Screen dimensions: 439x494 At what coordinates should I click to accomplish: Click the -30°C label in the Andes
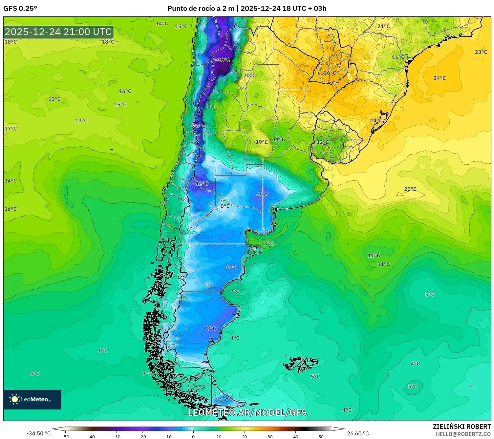(223, 60)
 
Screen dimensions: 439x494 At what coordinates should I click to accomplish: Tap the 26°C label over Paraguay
(330, 73)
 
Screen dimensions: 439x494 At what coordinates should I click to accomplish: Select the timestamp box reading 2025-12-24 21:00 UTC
(58, 32)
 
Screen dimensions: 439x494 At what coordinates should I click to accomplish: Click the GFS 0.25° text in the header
(20, 9)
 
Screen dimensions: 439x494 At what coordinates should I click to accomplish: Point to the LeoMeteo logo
(32, 399)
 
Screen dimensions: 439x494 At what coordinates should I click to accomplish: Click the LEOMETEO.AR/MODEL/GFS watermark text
(247, 412)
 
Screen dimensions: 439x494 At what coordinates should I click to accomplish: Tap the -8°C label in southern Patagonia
(210, 328)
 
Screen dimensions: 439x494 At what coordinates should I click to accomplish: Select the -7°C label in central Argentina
(262, 195)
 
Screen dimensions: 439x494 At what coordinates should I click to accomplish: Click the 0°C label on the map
(225, 206)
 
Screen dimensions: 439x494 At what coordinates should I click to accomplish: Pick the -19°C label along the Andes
(199, 126)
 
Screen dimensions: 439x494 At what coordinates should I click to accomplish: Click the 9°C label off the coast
(269, 243)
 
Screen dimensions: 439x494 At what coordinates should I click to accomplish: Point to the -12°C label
(201, 183)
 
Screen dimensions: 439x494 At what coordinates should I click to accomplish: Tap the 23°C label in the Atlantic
(481, 52)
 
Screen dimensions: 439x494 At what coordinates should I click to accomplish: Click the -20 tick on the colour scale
(142, 436)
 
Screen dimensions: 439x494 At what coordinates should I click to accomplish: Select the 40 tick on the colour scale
(295, 436)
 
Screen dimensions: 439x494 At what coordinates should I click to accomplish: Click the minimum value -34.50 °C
(38, 433)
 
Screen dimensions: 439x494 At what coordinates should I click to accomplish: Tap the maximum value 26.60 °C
(358, 433)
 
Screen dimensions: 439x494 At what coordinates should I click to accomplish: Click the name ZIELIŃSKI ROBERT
(462, 427)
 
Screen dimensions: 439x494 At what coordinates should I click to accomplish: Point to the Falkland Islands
(300, 364)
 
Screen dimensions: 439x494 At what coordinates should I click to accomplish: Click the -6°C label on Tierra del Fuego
(223, 400)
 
